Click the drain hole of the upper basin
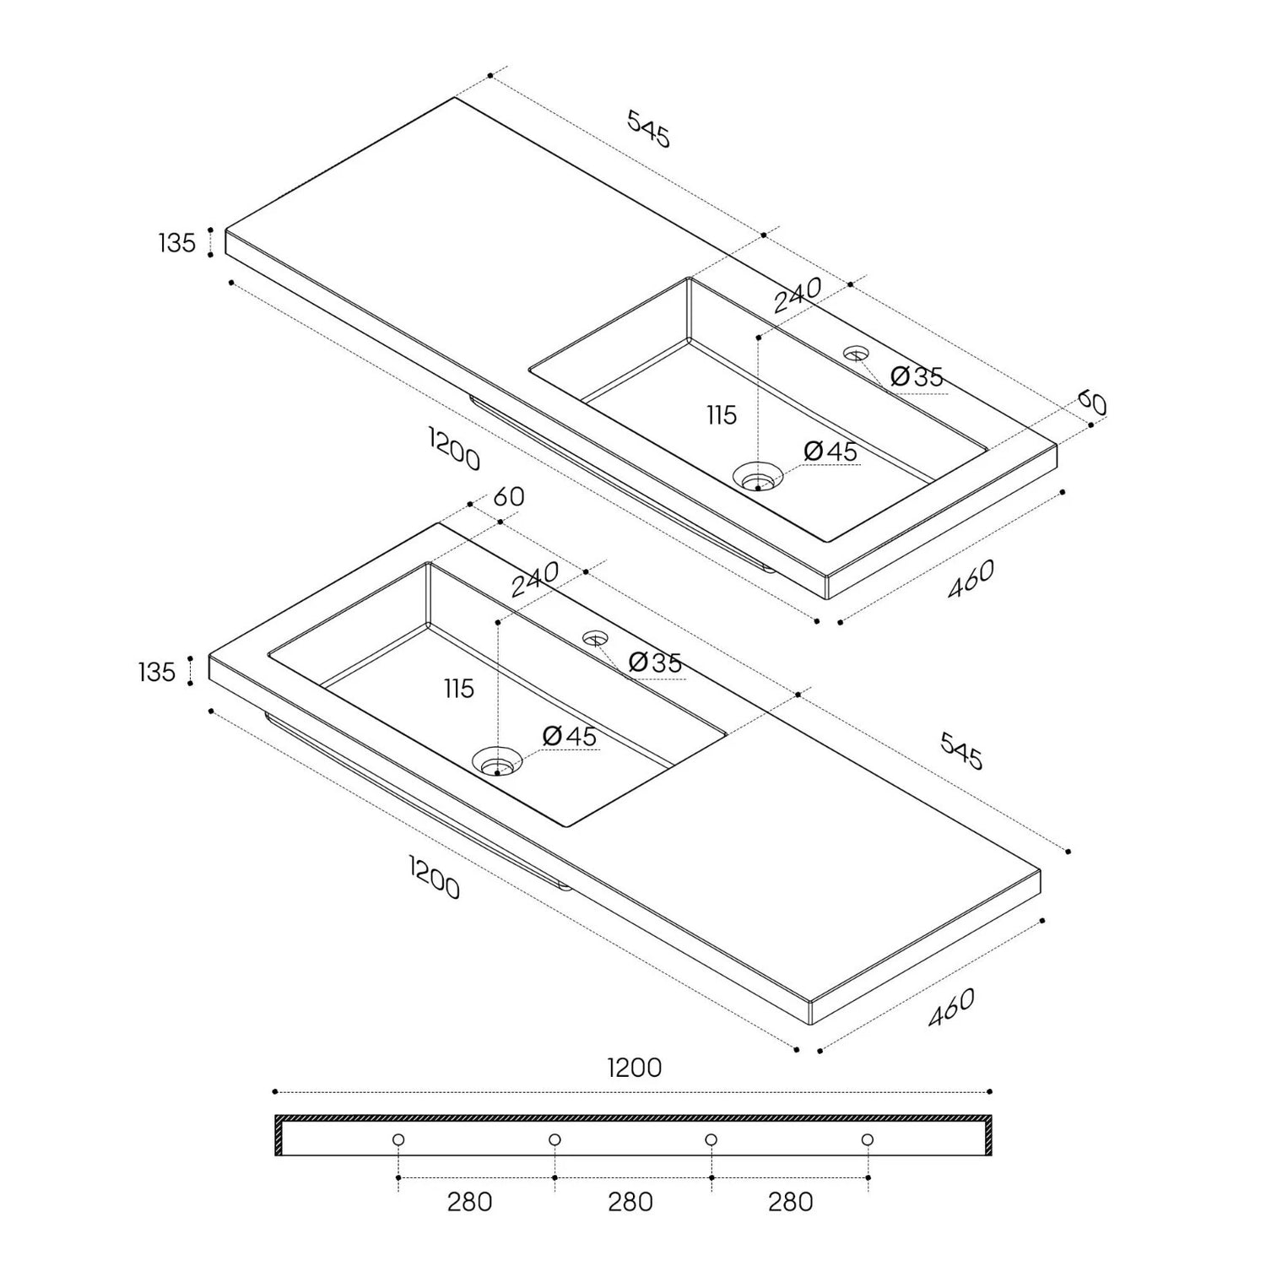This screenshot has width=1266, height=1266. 757,477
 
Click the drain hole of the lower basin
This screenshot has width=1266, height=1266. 497,761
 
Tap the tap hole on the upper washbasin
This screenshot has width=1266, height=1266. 857,354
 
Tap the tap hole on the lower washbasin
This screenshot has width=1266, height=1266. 596,639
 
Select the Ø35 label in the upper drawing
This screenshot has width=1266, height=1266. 917,376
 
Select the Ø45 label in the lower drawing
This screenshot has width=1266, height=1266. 570,736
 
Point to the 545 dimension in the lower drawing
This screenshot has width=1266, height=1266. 961,751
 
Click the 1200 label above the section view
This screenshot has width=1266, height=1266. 635,1068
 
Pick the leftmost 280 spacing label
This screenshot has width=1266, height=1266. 469,1201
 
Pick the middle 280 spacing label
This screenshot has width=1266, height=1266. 630,1201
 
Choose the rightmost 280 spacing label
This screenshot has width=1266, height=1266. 791,1201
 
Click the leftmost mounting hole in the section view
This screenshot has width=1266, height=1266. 398,1139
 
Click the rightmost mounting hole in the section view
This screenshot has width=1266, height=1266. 868,1139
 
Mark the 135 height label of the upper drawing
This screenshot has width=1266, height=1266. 177,243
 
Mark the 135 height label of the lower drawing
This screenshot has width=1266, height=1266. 157,672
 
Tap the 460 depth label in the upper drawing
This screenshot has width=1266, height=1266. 971,579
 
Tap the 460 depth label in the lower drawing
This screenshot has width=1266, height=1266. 951,1007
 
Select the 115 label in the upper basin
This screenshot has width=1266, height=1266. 722,415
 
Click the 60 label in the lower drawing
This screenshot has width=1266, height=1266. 509,497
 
